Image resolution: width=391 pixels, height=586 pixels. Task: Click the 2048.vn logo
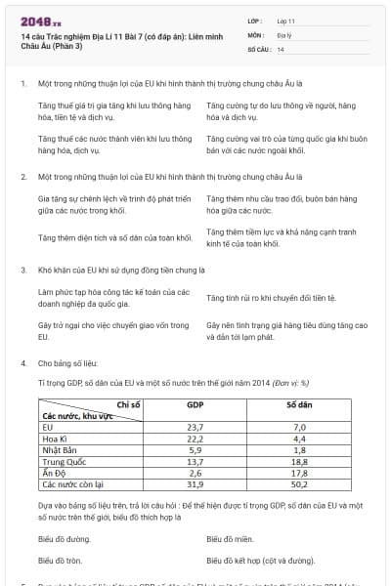pos(41,21)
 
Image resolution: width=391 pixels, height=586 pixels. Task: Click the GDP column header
pos(195,403)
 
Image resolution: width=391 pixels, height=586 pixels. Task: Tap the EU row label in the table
pos(47,427)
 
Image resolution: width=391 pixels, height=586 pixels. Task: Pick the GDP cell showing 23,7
pos(195,427)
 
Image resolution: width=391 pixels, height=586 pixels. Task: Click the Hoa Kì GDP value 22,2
pos(195,437)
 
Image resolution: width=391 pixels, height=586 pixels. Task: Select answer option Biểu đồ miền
pos(231,538)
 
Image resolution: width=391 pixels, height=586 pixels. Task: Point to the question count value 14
pos(282,48)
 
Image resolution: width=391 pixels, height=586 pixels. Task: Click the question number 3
pos(23,269)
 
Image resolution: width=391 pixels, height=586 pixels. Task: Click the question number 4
pos(23,362)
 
